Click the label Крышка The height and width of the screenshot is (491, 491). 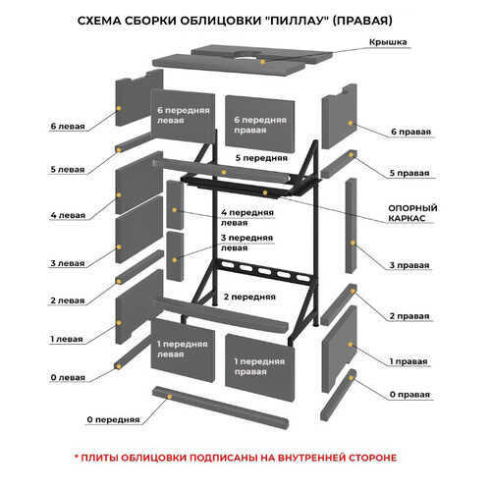pyautogui.click(x=388, y=42)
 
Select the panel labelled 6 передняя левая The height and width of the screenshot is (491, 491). pyautogui.click(x=183, y=116)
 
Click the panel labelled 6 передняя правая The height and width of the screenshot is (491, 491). pyautogui.click(x=260, y=125)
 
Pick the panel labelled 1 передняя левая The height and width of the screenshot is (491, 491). pyautogui.click(x=183, y=350)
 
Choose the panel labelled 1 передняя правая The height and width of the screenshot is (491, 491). pyautogui.click(x=260, y=366)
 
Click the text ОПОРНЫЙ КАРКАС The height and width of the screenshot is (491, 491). pyautogui.click(x=412, y=213)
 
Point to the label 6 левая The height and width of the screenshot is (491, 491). pyautogui.click(x=68, y=126)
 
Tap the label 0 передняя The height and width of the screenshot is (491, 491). pyautogui.click(x=113, y=419)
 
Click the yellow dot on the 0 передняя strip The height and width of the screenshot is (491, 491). pyautogui.click(x=170, y=397)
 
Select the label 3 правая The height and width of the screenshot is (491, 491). pyautogui.click(x=409, y=265)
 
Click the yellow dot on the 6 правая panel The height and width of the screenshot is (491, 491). pyautogui.click(x=351, y=123)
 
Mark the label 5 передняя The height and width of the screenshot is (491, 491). pyautogui.click(x=261, y=158)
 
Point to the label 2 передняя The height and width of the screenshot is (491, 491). pyautogui.click(x=249, y=297)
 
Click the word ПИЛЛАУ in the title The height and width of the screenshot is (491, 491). pyautogui.click(x=297, y=21)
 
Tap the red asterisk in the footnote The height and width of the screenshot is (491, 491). pyautogui.click(x=77, y=456)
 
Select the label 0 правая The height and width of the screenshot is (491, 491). pyautogui.click(x=409, y=395)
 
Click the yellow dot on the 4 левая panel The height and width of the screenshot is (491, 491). pyautogui.click(x=119, y=195)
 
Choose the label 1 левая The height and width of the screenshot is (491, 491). pyautogui.click(x=67, y=339)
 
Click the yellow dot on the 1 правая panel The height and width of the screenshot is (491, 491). pyautogui.click(x=351, y=345)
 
